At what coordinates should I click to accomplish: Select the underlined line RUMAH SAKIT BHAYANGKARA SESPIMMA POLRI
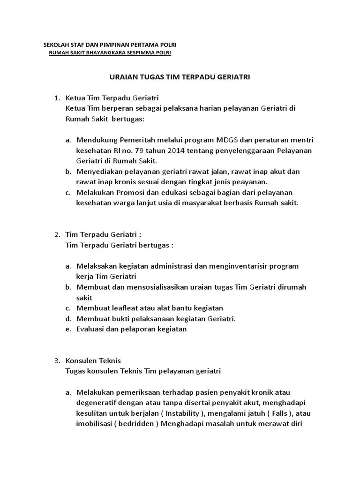[110, 53]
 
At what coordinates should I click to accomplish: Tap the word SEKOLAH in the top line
[55, 45]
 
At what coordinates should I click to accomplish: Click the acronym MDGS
[227, 140]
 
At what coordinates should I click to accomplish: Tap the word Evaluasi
[91, 329]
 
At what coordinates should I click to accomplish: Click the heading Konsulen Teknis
[94, 360]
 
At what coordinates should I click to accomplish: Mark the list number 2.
[57, 234]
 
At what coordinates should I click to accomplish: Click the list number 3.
[57, 360]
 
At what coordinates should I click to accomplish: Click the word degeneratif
[97, 403]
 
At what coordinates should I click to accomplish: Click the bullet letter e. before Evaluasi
[68, 329]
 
